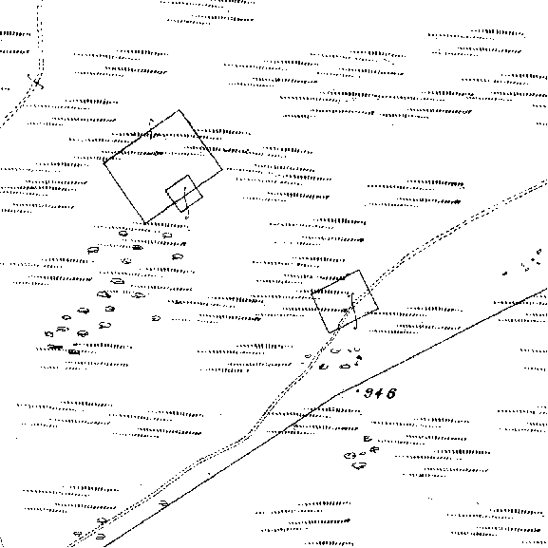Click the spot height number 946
380,393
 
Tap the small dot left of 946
357,390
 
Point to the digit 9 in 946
368,393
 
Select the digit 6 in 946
392,393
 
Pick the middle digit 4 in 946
380,393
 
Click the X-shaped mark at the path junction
36,83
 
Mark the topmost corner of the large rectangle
179,110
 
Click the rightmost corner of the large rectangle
222,170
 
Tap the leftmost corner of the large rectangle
104,162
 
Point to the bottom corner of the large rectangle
144,223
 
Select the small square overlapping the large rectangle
184,194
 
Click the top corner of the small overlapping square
188,175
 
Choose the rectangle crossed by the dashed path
345,301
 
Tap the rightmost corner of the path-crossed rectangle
378,309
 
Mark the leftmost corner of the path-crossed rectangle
312,294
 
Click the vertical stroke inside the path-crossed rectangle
354,312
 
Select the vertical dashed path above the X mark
40,37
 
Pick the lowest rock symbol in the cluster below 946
359,465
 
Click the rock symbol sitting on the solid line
163,503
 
